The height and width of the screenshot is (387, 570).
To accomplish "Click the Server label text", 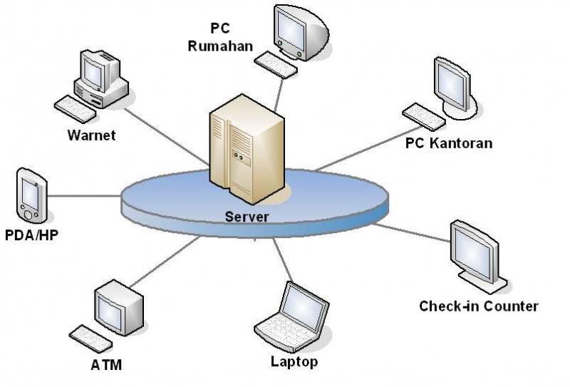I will pos(247,217).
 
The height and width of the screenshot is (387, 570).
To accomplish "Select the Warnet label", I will pos(91,135).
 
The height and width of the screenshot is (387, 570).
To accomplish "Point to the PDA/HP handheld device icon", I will pos(31,195).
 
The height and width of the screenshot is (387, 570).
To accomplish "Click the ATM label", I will pos(107,366).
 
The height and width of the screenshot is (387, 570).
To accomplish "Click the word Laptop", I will pos(294,362).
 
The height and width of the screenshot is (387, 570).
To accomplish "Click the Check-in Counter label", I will pos(478,306).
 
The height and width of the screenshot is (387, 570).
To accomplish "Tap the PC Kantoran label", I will pos(449,143).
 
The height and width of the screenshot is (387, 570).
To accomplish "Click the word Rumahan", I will pos(220,47).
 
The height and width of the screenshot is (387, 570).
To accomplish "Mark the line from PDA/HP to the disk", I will pos(85,195).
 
